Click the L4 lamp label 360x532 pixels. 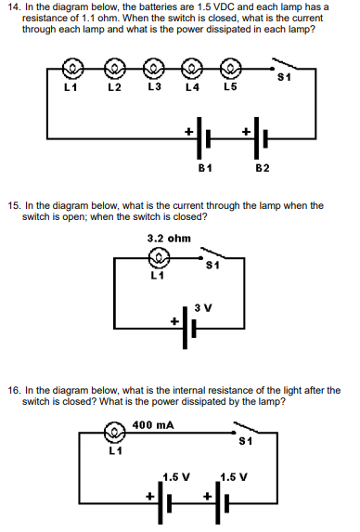193,88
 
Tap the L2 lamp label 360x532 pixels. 114,88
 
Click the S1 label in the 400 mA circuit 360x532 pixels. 245,441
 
